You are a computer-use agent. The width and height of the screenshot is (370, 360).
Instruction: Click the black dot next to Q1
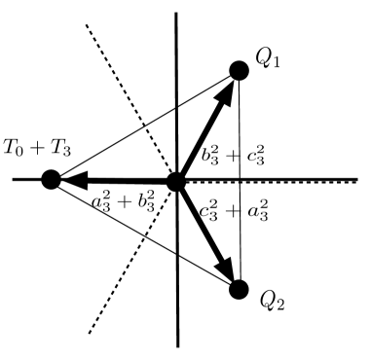pyautogui.click(x=238, y=70)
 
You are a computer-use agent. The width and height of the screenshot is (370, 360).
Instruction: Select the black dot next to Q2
pyautogui.click(x=238, y=289)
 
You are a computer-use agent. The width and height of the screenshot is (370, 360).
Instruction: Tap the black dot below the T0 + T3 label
pyautogui.click(x=52, y=179)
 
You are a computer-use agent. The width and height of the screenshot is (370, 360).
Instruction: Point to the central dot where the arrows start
pyautogui.click(x=176, y=180)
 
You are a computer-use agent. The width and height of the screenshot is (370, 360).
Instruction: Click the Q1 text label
pyautogui.click(x=269, y=59)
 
